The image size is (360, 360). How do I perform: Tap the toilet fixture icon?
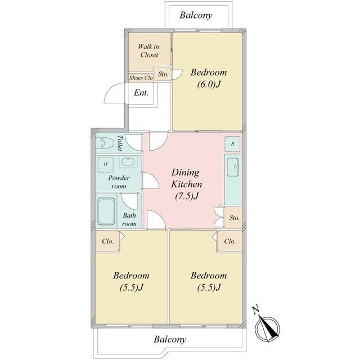105,143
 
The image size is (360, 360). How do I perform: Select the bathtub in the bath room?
106,211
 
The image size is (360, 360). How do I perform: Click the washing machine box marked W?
106,164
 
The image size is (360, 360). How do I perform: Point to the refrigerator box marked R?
232,144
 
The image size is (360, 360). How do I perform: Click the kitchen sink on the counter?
233,168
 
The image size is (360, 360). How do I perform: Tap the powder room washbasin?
128,161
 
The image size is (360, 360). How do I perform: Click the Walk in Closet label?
148,51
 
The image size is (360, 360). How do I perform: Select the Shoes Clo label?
141,78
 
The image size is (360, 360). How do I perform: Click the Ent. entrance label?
141,93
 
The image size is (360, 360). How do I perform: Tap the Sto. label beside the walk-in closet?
163,74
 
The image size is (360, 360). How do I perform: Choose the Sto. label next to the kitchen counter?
235,218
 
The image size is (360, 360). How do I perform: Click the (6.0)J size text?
209,84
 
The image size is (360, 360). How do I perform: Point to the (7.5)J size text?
187,196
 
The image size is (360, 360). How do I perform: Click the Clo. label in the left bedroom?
107,241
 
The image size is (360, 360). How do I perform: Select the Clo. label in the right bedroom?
230,241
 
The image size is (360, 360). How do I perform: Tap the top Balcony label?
196,15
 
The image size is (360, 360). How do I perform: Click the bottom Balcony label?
170,339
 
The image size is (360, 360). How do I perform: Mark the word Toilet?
120,143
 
